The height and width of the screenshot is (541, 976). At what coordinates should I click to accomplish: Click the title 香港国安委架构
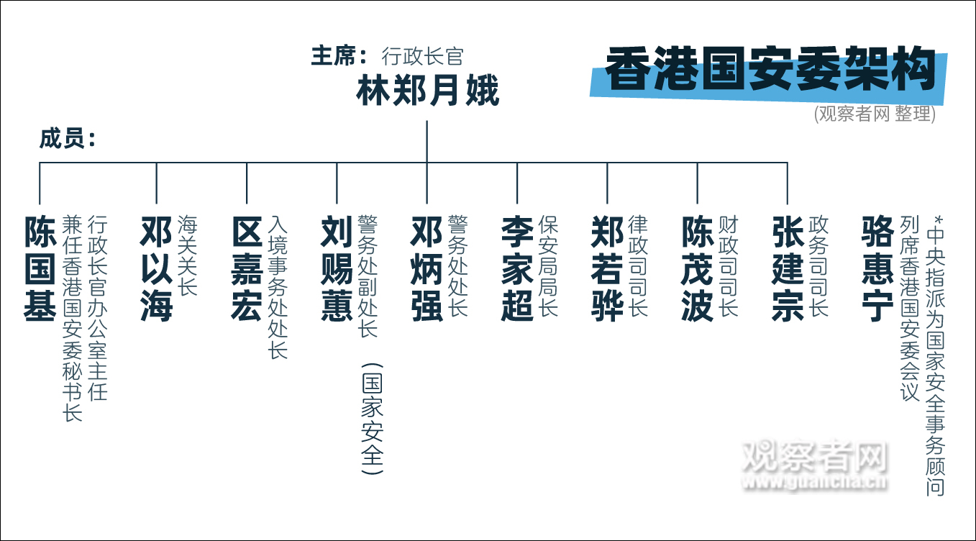click(x=770, y=69)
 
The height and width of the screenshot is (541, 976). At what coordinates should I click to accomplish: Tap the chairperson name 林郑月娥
click(x=427, y=91)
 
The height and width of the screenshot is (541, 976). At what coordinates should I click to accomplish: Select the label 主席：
click(x=339, y=56)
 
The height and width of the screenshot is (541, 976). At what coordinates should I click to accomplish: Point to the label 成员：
click(x=68, y=139)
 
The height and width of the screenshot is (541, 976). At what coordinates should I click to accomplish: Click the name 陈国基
click(x=40, y=268)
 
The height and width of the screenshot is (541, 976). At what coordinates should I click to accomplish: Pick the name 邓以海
click(x=156, y=268)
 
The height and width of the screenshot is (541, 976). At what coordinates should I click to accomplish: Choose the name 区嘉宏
click(x=247, y=268)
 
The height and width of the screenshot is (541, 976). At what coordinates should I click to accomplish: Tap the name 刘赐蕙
click(x=337, y=268)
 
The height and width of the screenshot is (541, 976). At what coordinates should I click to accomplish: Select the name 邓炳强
click(x=427, y=268)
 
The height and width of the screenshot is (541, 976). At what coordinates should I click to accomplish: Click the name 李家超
click(x=517, y=268)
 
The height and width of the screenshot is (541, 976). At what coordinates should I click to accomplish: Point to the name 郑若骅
click(x=607, y=268)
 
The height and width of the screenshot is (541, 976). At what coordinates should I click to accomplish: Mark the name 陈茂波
click(x=698, y=268)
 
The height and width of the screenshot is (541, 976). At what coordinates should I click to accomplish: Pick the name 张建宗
click(x=788, y=268)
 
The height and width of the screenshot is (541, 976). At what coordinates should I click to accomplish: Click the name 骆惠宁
click(x=877, y=268)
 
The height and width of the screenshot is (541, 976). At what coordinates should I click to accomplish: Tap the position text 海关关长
click(x=187, y=256)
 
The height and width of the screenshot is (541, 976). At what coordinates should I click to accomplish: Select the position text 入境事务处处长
click(x=278, y=287)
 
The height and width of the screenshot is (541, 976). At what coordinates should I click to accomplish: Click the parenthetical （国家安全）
click(x=372, y=419)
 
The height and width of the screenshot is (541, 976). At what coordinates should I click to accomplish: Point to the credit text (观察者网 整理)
click(x=875, y=114)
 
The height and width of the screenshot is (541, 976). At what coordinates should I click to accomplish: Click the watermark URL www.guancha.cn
click(x=814, y=482)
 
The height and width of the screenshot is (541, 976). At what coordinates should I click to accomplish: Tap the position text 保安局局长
click(x=548, y=266)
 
